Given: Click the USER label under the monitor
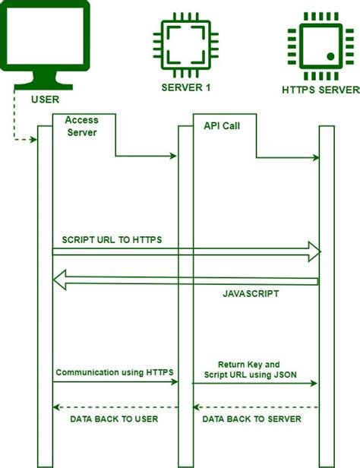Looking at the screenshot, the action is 46,100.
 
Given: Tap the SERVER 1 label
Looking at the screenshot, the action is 186,87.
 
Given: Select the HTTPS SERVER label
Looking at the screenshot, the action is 321,90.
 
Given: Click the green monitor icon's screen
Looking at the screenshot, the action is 45,36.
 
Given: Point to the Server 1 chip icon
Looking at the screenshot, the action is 186,45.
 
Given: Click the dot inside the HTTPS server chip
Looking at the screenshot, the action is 330,56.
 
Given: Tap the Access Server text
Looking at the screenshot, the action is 82,126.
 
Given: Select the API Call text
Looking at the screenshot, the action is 222,126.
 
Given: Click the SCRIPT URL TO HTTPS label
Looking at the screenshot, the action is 112,239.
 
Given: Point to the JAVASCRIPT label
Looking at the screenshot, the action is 251,294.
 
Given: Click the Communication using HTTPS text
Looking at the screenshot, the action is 115,372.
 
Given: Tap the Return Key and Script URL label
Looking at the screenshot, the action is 250,369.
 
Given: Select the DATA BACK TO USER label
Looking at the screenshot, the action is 114,419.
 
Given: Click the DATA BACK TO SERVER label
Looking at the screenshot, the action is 251,419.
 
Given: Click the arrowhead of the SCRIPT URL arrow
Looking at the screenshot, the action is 314,251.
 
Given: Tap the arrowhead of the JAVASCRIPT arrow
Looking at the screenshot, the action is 60,280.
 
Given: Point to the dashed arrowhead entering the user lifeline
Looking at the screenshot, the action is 33,139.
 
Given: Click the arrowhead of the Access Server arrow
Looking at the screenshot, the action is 173,156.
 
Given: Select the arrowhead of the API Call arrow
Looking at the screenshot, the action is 316,157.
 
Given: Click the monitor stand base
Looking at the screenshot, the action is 43,87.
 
